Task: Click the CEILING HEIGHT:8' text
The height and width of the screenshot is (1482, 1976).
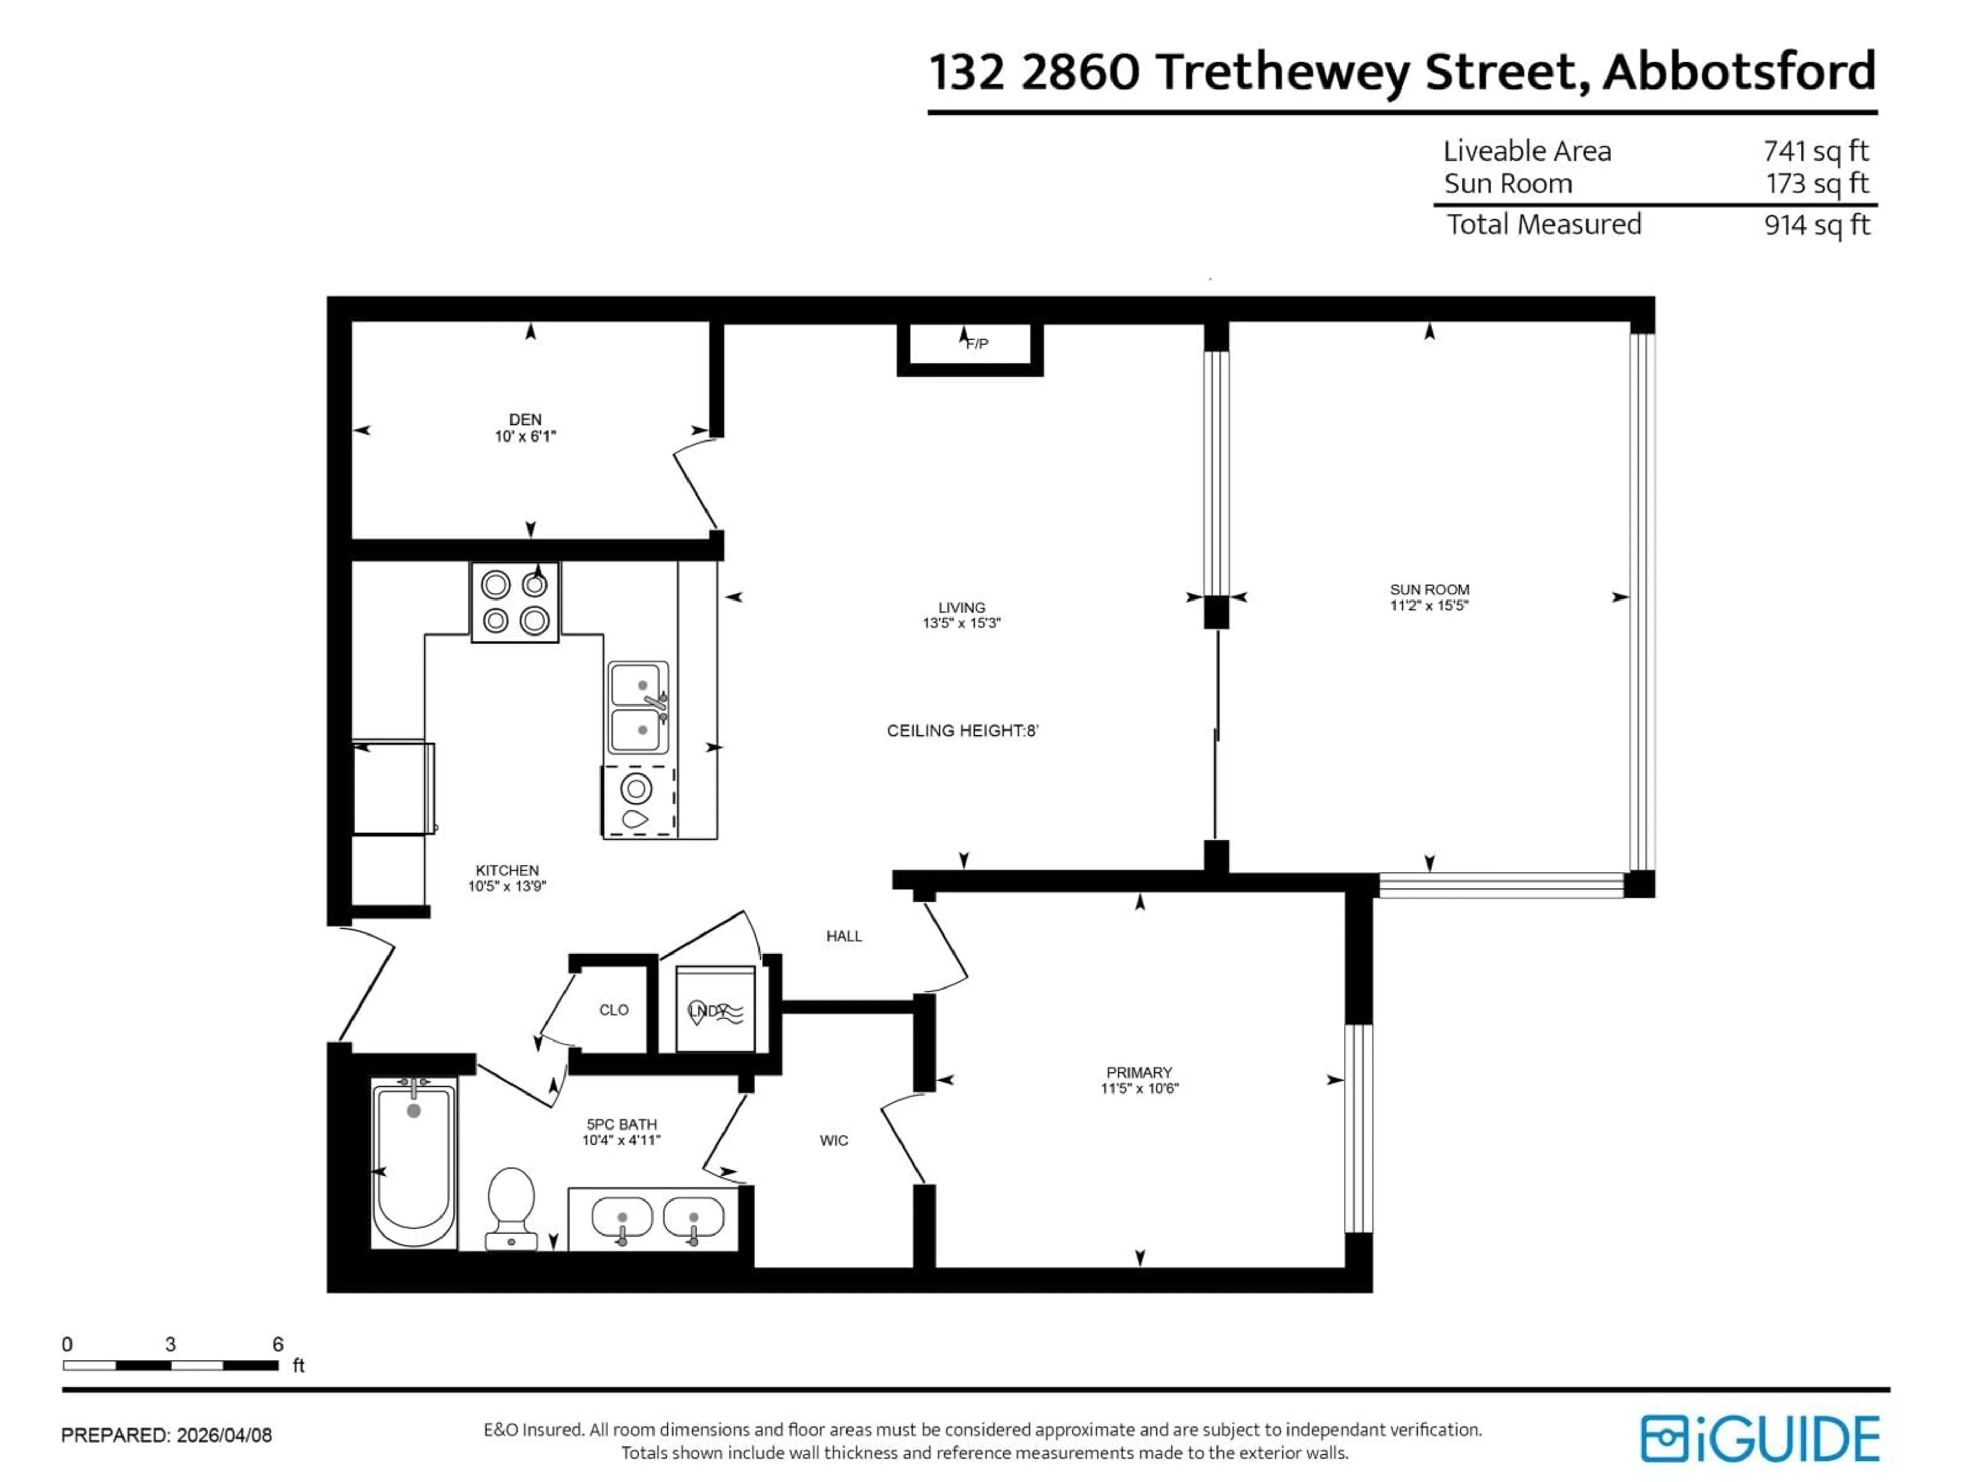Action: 962,731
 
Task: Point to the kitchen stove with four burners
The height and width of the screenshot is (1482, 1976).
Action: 515,602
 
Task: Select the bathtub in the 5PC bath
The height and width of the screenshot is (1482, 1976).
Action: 413,1163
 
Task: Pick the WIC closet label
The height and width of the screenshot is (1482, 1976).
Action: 834,1141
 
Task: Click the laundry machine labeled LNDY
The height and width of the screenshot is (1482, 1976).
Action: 715,1010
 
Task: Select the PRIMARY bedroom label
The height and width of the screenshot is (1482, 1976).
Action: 1138,1072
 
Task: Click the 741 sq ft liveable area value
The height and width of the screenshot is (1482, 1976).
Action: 1815,151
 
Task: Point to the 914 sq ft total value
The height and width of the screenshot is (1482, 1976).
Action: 1816,225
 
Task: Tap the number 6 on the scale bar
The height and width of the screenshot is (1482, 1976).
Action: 278,1345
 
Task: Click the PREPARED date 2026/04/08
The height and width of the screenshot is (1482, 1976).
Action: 223,1436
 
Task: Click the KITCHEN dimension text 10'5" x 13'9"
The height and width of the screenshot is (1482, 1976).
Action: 506,886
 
